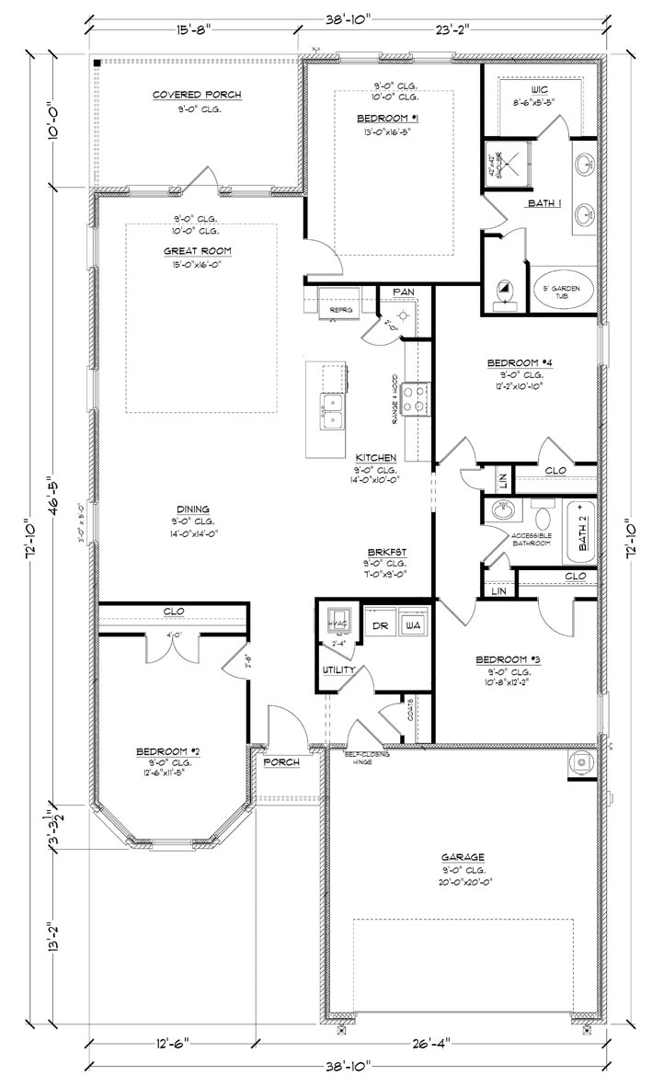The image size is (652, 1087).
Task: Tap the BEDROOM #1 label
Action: [x=388, y=119]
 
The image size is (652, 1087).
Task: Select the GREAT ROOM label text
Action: [x=197, y=250]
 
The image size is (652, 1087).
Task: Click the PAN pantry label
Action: [x=404, y=292]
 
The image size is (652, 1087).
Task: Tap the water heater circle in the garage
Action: [x=582, y=761]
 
